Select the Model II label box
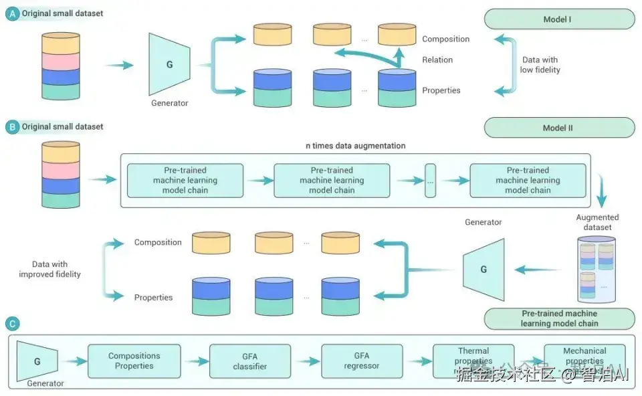(x=559, y=128)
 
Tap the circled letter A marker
(x=11, y=13)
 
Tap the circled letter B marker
(x=11, y=126)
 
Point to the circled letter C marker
(x=11, y=324)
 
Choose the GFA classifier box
(x=249, y=361)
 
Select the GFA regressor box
(x=362, y=361)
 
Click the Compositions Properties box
(x=134, y=361)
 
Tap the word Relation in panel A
(x=437, y=60)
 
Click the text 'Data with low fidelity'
(x=540, y=65)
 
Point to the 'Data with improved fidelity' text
(x=50, y=270)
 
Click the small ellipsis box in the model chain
(x=430, y=181)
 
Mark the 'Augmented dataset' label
(x=597, y=222)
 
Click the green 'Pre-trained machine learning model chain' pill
(x=559, y=318)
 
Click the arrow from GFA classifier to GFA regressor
(x=306, y=361)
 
